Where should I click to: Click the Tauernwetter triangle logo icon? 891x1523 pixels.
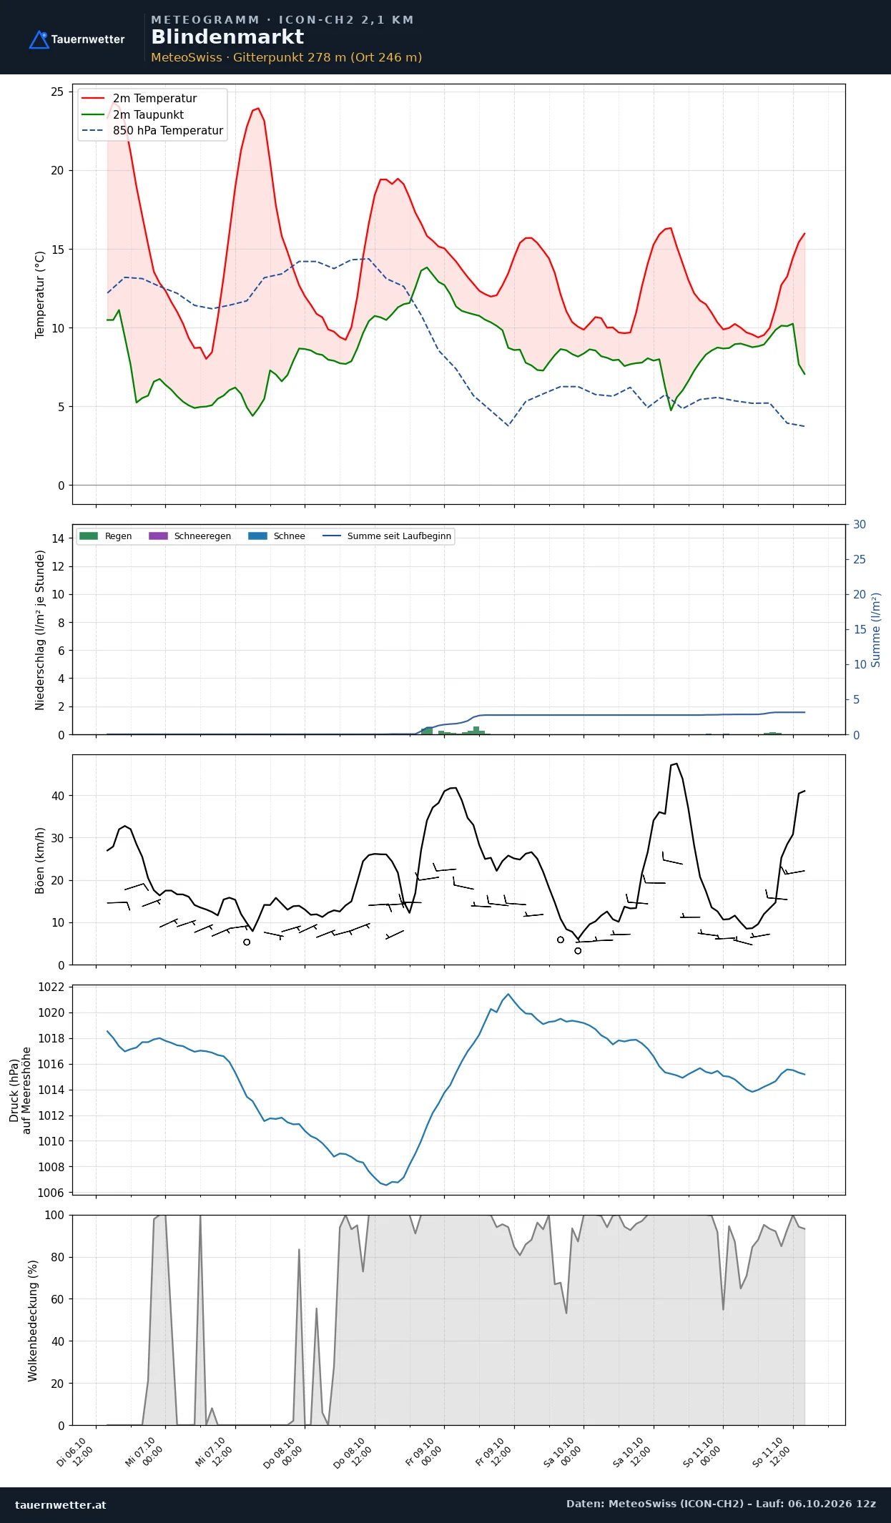tap(39, 39)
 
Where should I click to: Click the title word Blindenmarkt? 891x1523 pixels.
tap(227, 37)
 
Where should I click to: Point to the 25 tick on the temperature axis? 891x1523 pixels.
tap(57, 92)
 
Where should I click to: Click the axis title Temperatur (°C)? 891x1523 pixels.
tap(40, 295)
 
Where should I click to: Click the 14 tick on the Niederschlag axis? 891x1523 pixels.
tap(58, 538)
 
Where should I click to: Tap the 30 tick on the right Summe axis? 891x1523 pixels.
tap(860, 525)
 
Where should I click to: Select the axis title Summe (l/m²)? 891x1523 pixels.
tap(876, 630)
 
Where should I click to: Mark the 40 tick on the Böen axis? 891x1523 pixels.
tap(58, 796)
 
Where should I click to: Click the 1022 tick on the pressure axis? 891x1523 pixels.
tap(51, 987)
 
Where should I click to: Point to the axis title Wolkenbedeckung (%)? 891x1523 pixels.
tap(33, 1321)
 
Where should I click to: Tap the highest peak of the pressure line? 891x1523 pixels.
tap(508, 994)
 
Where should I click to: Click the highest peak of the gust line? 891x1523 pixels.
tap(676, 764)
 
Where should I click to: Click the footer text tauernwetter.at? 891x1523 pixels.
tap(61, 1504)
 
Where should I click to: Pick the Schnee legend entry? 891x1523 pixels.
tap(277, 536)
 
